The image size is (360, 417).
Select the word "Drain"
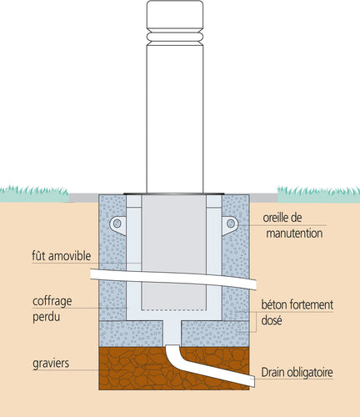pos(277,372)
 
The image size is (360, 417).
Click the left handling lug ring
pos(117,224)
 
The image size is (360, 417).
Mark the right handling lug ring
pos(231,224)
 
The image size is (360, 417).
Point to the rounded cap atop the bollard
pos(173,15)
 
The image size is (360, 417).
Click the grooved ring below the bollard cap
pos(173,38)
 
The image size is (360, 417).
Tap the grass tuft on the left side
pos(33,193)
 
